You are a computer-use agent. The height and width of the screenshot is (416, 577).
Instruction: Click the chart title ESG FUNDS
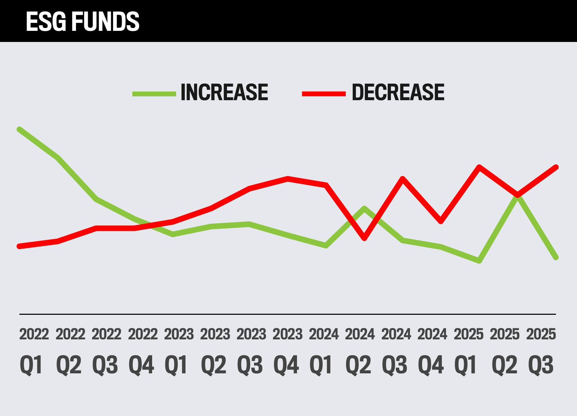[x=82, y=21]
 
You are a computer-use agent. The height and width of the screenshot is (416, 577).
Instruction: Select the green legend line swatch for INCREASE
[x=154, y=94]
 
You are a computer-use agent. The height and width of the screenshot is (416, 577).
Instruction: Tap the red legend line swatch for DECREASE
[x=324, y=94]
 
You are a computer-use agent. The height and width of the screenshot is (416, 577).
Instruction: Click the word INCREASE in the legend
[x=224, y=93]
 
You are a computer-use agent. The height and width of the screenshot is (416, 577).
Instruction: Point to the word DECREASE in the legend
[x=398, y=93]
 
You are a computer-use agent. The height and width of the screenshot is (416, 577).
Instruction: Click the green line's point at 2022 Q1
[x=19, y=130]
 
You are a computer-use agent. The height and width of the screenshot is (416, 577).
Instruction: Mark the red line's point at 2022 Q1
[x=19, y=246]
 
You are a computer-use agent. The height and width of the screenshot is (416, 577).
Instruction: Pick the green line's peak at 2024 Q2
[x=364, y=208]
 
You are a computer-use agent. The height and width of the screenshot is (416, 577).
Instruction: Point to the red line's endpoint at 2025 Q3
[x=556, y=167]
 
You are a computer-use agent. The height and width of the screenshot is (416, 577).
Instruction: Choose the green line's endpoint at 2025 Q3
[x=556, y=257]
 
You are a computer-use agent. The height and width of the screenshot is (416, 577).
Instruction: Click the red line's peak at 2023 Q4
[x=287, y=179]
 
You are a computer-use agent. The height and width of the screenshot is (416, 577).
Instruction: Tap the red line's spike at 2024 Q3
[x=402, y=179]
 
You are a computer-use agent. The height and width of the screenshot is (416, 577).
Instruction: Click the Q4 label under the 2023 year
[x=286, y=365]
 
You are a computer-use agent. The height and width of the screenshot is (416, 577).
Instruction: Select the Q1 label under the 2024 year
[x=321, y=365]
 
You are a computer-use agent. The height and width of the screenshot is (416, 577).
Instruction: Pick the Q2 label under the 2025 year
[x=504, y=365]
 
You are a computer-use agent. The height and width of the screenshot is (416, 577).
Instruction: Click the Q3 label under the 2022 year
[x=105, y=365]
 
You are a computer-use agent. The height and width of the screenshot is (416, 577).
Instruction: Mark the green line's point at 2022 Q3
[x=96, y=199]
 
